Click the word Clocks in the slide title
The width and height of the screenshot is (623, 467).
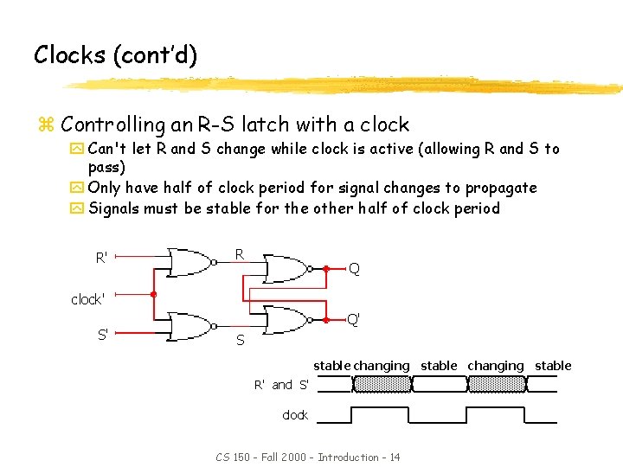[69, 55]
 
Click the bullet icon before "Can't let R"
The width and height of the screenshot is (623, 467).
[79, 150]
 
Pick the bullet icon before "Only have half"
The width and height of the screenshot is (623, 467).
[79, 189]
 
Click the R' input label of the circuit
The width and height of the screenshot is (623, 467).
[102, 258]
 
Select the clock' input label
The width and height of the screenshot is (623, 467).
[87, 299]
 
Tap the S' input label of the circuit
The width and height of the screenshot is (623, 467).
[102, 334]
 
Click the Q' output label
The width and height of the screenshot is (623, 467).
[353, 319]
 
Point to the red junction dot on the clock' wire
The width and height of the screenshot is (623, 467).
[153, 294]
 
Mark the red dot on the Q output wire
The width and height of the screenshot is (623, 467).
[326, 269]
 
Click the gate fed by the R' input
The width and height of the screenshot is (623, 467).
[190, 262]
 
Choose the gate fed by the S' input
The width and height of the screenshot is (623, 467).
[190, 327]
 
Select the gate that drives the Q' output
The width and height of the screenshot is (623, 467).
[286, 319]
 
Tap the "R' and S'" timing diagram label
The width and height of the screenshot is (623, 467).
[281, 385]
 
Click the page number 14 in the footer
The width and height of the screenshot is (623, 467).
[395, 457]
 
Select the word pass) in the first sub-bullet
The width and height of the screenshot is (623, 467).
[106, 167]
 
